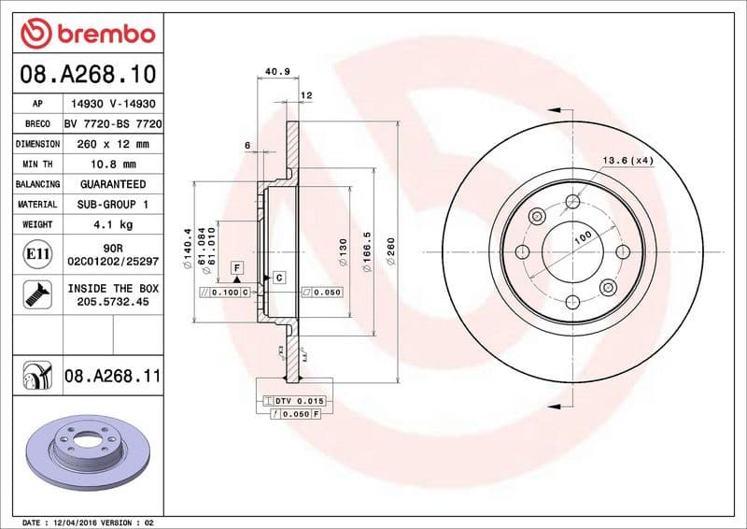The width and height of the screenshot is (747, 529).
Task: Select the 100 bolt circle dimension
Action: (x=583, y=238)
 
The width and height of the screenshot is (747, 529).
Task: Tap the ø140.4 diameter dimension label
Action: (x=188, y=246)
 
